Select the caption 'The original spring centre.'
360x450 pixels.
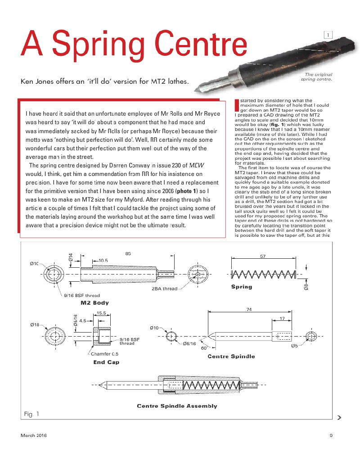(x=317, y=77)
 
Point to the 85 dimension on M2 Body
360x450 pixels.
(x=128, y=254)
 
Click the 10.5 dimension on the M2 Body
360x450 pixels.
(x=103, y=260)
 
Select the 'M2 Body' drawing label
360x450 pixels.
(x=94, y=303)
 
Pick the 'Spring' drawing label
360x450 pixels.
(x=242, y=287)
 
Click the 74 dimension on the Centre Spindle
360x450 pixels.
(x=249, y=309)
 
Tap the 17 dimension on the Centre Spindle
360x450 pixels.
(x=282, y=319)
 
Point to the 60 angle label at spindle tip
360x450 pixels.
(x=203, y=347)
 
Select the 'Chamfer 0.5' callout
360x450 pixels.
(x=105, y=354)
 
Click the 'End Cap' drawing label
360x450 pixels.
(x=106, y=362)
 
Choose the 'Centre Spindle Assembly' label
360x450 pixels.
(x=177, y=406)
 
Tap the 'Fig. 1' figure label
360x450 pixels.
(x=31, y=414)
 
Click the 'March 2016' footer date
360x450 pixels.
(x=34, y=435)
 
